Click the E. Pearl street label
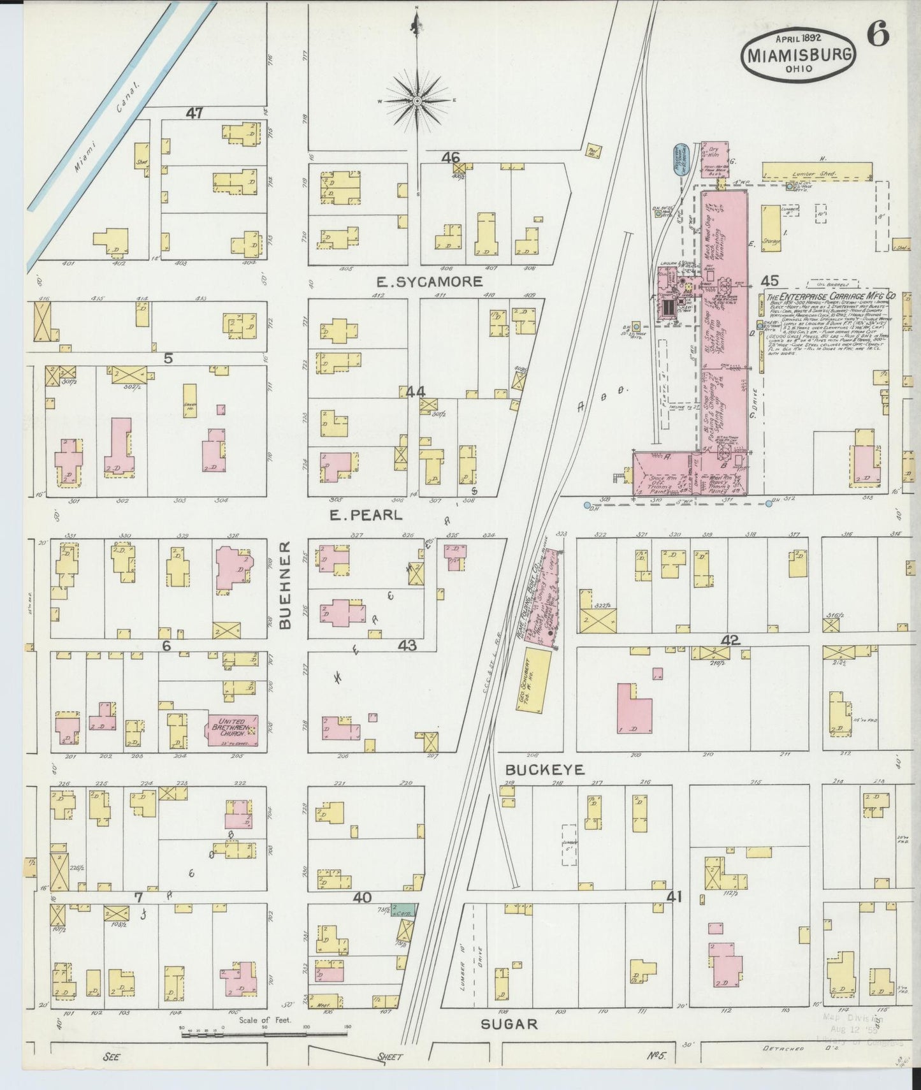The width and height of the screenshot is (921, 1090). (x=366, y=515)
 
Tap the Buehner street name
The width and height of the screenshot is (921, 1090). (x=285, y=585)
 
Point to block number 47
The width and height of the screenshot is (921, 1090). (x=194, y=113)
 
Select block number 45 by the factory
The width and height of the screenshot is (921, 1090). (x=769, y=280)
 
